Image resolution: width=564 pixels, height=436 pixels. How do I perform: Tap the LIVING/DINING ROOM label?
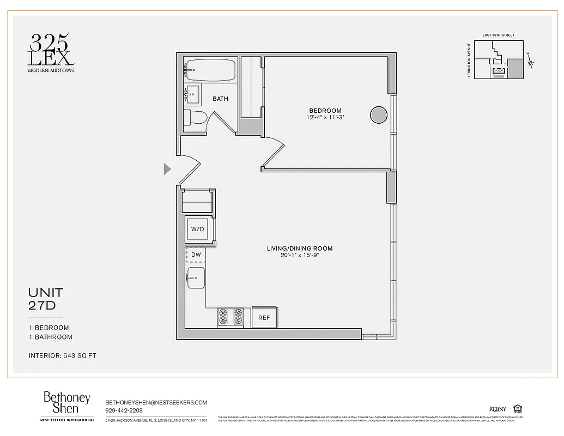click(x=299, y=249)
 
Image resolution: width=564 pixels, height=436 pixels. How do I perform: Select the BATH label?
click(x=220, y=99)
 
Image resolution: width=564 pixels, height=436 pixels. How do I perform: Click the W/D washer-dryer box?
click(x=197, y=229)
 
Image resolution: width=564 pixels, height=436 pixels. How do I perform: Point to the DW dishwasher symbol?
click(x=196, y=255)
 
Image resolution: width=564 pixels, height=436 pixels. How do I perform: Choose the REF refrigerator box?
click(x=264, y=318)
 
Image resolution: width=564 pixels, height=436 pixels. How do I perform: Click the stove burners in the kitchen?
click(x=231, y=317)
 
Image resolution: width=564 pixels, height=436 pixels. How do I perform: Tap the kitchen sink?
click(x=195, y=278)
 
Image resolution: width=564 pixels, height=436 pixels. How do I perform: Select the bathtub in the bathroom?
click(x=210, y=70)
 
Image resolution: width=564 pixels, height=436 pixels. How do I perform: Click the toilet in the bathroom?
click(x=195, y=117)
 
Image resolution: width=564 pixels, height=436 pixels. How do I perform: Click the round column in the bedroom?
click(x=379, y=114)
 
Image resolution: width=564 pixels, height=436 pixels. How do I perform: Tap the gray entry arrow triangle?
click(x=167, y=169)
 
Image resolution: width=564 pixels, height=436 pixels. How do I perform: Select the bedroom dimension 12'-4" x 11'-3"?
click(x=326, y=117)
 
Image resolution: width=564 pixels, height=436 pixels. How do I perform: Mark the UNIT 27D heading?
click(x=46, y=299)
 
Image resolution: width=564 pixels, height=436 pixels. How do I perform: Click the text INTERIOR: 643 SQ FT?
click(x=62, y=356)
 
